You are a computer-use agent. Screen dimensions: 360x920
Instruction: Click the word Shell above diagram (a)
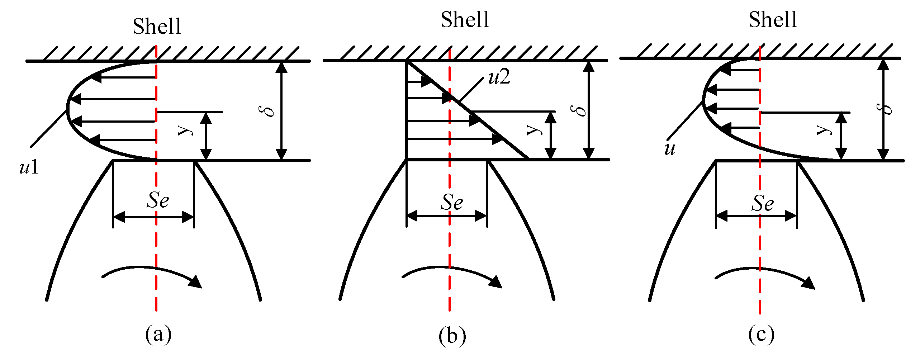pos(157,26)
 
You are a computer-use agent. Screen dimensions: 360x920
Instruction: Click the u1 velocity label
pos(29,167)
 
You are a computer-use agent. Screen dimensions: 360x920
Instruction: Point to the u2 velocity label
pos(499,77)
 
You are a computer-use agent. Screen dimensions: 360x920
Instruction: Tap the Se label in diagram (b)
pos(452,202)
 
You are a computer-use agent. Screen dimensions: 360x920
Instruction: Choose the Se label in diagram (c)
pos(763,203)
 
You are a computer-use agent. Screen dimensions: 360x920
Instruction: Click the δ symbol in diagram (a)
pos(267,111)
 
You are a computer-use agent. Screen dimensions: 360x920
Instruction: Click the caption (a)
pos(158,334)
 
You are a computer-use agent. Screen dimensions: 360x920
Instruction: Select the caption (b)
pos(452,336)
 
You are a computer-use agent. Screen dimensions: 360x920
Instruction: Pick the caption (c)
pos(761,334)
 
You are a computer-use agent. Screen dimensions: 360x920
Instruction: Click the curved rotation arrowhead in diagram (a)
pos(195,282)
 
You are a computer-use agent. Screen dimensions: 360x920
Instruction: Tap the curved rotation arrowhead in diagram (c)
pos(808,283)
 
